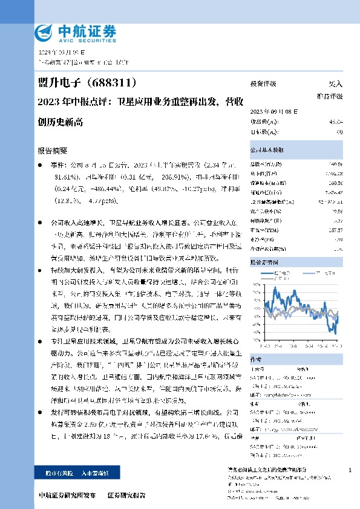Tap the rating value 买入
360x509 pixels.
coord(336,84)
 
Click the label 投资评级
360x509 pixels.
coord(263,84)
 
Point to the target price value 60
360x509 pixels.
coord(339,131)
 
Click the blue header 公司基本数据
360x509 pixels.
coord(267,149)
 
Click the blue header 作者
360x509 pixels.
coord(257,358)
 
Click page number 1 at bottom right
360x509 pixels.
coord(350,470)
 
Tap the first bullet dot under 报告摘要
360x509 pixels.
coord(40,164)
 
